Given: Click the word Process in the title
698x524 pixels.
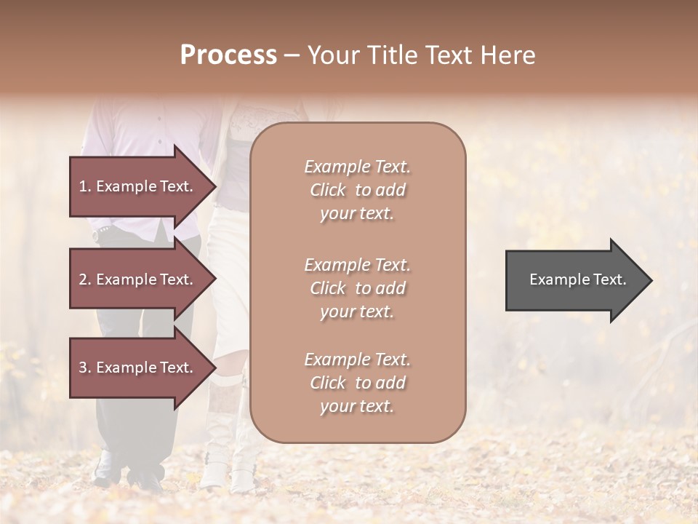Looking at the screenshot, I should [x=228, y=55].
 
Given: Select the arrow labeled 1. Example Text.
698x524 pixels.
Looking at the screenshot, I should [x=138, y=186].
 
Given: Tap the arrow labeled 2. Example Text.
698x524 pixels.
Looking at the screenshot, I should [x=138, y=279].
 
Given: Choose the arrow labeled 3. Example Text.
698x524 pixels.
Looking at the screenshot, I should [x=138, y=368].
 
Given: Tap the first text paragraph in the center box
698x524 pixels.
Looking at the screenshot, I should [x=357, y=190].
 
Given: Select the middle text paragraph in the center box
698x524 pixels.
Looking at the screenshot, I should [x=357, y=288].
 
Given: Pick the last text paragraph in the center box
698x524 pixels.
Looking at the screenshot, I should [x=357, y=383].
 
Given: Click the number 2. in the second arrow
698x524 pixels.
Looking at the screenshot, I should [x=84, y=279].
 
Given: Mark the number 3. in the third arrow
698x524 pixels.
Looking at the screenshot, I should [x=84, y=368].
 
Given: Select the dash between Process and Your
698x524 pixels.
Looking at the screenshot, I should [x=292, y=56].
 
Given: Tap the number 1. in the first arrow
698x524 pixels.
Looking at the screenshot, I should [x=84, y=186].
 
